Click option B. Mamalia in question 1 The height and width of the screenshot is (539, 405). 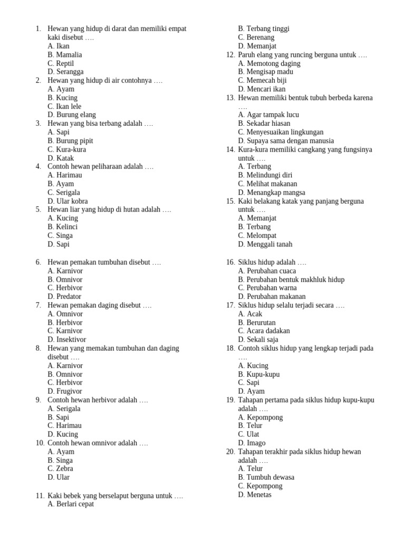coord(64,55)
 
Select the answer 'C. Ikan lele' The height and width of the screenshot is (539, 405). coord(64,106)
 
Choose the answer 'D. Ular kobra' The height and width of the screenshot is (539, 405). coord(67,201)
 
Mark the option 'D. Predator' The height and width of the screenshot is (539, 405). coord(64,297)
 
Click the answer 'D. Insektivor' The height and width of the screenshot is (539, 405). coord(66,340)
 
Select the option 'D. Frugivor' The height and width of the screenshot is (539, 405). coord(65,392)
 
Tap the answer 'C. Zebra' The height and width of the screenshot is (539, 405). coord(60,469)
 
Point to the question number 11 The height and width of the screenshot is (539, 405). coord(40,496)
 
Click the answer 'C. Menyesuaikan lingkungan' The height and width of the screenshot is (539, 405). coord(281,132)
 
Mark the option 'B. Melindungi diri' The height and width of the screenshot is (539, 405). coord(265,175)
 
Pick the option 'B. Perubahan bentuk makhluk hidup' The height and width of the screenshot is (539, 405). coord(291,280)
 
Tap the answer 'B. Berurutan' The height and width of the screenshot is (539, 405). coord(257,323)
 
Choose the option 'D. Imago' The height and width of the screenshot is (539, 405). coord(252,443)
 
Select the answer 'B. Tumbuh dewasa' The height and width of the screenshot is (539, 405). coord(266,477)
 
